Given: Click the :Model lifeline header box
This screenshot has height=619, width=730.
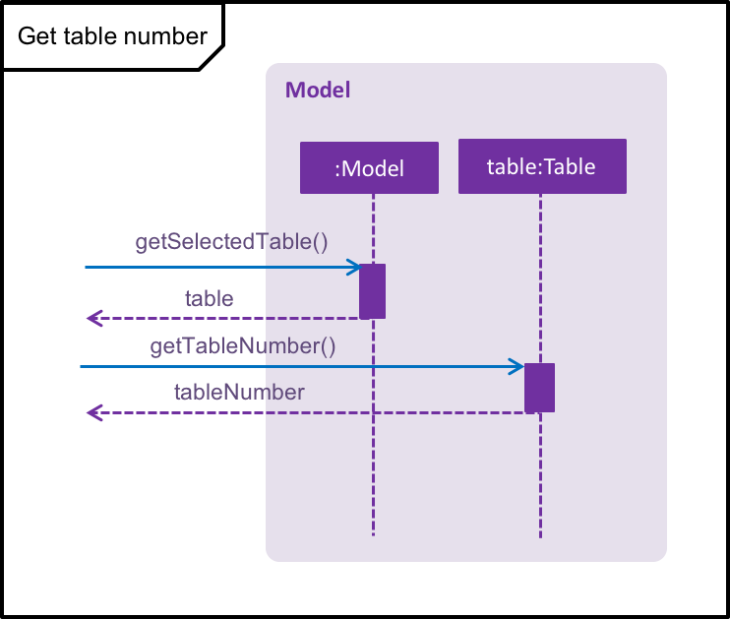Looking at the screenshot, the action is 369,167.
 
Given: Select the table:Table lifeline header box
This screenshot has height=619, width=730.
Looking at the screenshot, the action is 542,165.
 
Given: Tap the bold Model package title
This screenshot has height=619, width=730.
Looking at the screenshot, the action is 318,90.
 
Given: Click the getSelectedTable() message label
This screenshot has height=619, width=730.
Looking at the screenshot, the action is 231,242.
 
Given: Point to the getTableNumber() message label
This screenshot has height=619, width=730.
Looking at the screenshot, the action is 243,346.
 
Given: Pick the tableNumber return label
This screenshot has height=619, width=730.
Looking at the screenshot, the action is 239,392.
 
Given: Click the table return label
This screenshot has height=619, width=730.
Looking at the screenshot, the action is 209,298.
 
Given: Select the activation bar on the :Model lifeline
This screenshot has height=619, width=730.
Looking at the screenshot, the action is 373,291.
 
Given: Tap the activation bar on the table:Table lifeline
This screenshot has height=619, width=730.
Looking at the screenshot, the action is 539,388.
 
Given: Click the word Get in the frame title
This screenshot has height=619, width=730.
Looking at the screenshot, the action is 37,35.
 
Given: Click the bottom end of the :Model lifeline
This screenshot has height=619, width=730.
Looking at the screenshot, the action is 373,535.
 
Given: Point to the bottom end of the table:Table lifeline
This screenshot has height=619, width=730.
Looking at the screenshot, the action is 540,537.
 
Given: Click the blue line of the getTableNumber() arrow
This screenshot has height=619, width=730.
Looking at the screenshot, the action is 302,366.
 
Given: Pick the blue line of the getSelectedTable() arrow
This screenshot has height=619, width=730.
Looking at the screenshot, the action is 223,267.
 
